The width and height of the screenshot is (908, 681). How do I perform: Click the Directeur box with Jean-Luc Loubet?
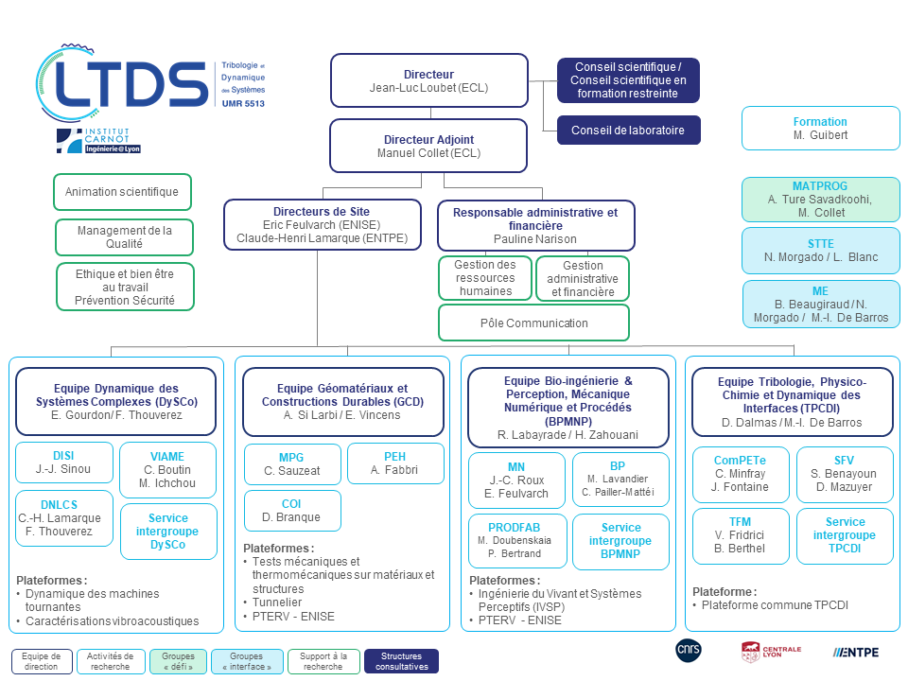429,80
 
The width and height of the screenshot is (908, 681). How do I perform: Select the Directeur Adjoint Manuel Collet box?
428,146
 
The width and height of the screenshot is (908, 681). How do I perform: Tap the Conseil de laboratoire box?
628,131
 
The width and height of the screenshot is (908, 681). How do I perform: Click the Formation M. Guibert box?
821,128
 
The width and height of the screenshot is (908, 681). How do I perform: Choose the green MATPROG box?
821,200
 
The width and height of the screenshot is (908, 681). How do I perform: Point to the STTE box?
821,251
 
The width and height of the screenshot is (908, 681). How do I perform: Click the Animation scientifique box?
122,192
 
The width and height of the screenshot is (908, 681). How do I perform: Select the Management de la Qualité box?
124,236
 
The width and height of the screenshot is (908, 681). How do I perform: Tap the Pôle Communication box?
533,323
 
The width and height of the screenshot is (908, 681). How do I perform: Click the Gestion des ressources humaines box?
485,278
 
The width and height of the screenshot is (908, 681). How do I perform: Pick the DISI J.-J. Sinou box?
64,463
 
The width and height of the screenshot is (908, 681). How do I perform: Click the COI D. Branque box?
292,510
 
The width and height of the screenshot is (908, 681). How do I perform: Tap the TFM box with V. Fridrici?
741,535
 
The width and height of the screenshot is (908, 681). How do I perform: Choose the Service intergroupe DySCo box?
168,531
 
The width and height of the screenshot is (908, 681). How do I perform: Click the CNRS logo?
689,650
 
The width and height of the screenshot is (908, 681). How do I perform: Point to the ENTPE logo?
856,652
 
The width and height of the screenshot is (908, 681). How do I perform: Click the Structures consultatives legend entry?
401,661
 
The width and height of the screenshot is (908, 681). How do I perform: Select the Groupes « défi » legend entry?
179,661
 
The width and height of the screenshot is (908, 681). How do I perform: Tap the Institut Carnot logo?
98,141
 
